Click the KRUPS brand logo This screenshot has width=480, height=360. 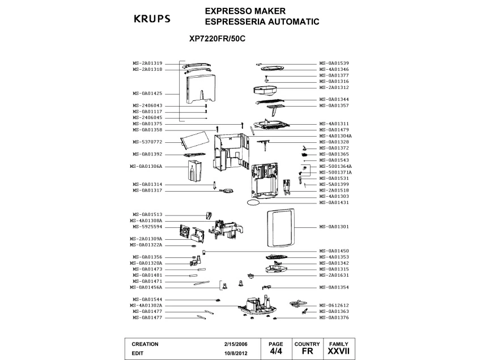(x=151, y=18)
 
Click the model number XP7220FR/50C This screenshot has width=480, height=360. (x=218, y=40)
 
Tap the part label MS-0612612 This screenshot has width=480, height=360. (x=334, y=305)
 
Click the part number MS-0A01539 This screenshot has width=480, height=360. (x=334, y=63)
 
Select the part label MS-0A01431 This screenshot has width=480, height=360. (x=334, y=202)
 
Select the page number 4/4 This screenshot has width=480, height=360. (x=275, y=351)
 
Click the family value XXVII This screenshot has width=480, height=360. (x=338, y=352)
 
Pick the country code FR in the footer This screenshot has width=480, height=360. (x=307, y=352)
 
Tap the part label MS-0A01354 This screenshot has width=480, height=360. (x=334, y=287)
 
